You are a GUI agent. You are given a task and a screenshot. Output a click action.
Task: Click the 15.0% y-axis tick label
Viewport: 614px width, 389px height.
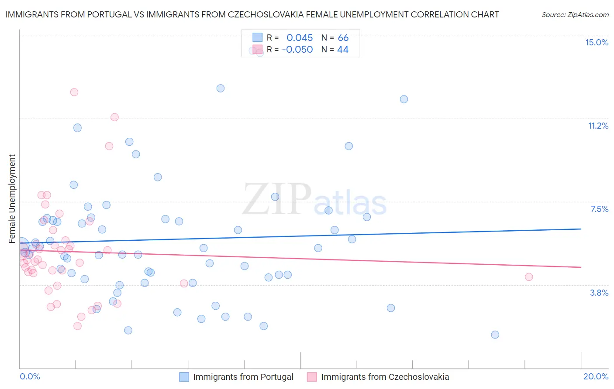(597, 42)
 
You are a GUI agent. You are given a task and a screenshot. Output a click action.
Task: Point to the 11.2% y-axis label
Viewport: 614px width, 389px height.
(598, 126)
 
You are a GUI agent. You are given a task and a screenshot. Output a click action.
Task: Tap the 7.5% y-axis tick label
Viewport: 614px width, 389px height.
(599, 209)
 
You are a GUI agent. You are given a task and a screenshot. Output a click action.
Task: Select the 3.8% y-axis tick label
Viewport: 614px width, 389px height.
(599, 293)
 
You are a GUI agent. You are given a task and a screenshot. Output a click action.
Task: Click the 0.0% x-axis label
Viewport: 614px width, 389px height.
(30, 376)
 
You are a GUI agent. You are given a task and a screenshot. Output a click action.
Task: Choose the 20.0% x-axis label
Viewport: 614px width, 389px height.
(596, 376)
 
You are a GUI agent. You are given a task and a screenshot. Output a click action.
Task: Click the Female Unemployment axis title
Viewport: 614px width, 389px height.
(12, 198)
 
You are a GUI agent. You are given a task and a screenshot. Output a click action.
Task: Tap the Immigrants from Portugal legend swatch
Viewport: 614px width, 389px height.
(184, 377)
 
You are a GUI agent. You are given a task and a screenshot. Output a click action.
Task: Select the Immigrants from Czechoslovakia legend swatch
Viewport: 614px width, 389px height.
(312, 377)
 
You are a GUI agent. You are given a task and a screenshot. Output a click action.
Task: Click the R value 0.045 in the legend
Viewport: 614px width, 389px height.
(300, 38)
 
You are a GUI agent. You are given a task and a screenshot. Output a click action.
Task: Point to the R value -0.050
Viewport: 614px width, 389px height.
(297, 50)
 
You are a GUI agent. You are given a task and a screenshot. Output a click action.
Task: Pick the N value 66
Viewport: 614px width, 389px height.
(343, 38)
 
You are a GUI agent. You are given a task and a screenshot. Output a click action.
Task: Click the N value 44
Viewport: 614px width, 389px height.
(343, 50)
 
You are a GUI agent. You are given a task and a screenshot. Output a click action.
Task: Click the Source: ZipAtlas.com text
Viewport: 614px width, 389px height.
(575, 15)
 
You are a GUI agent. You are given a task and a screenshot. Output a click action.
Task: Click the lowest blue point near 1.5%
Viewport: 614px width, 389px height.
(495, 335)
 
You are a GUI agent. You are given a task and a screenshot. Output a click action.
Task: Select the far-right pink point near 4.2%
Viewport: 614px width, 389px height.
(529, 277)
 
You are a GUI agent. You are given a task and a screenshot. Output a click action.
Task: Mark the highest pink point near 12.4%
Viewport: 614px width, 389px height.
(74, 92)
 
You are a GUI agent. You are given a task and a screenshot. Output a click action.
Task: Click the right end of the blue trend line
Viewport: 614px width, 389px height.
(581, 229)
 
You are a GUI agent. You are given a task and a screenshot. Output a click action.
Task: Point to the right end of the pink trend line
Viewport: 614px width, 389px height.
(581, 267)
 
